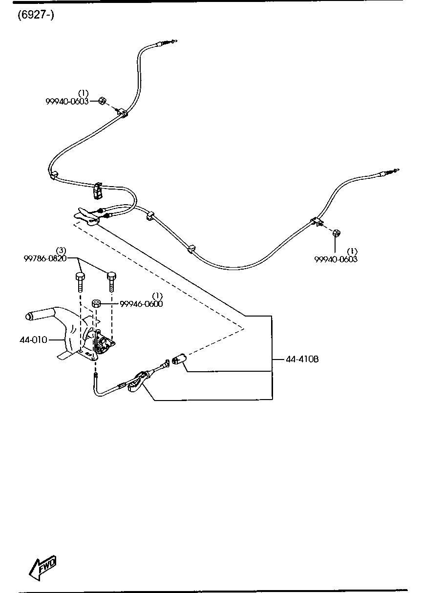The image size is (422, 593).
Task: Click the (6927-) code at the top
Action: click(x=36, y=15)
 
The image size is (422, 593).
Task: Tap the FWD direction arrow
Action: click(x=43, y=568)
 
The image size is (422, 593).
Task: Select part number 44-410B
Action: click(x=302, y=359)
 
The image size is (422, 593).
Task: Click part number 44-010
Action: click(x=33, y=339)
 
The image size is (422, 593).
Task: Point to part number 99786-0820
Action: click(x=45, y=259)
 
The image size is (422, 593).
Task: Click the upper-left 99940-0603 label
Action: click(x=67, y=101)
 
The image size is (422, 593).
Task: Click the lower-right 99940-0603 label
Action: click(x=336, y=259)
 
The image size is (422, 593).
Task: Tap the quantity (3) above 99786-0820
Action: click(x=61, y=251)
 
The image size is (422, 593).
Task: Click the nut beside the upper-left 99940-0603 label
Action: click(x=102, y=101)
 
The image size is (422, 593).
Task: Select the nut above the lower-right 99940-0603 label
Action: click(x=336, y=233)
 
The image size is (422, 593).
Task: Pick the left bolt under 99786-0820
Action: click(x=80, y=283)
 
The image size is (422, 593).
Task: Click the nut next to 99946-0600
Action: click(x=97, y=304)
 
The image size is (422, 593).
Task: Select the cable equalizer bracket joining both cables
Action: click(x=86, y=215)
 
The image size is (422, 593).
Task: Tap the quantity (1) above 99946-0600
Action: click(x=157, y=296)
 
